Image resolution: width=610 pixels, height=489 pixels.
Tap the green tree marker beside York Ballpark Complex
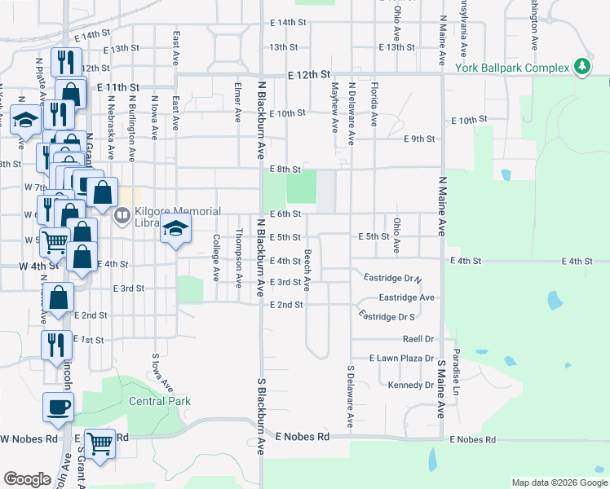pyautogui.click(x=582, y=66)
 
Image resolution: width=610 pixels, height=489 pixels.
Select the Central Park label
pyautogui.click(x=160, y=401)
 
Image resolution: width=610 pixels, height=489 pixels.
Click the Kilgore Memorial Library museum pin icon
pyautogui.click(x=122, y=215)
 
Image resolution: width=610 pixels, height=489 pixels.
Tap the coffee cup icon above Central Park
pyautogui.click(x=59, y=407)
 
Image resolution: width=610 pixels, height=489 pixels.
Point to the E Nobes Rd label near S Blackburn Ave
pyautogui.click(x=302, y=437)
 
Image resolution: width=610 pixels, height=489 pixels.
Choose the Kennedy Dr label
pyautogui.click(x=411, y=385)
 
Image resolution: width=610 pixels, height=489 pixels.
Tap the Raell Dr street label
pyautogui.click(x=417, y=338)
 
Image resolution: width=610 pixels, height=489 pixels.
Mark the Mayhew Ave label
pyautogui.click(x=334, y=107)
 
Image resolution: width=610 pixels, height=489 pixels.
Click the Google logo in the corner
pyautogui.click(x=27, y=479)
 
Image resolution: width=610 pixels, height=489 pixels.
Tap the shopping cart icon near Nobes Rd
pyautogui.click(x=100, y=445)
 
